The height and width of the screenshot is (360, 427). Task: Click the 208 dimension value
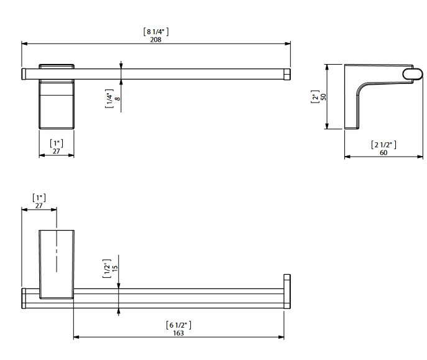[156, 40]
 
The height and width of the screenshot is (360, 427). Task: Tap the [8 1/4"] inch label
[156, 32]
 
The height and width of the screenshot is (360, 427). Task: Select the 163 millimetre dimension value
[178, 333]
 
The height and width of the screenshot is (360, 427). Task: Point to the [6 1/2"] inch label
[178, 325]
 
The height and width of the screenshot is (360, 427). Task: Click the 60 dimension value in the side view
[383, 153]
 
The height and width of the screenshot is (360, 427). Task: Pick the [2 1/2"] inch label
[383, 145]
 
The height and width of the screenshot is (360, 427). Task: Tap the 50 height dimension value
[323, 97]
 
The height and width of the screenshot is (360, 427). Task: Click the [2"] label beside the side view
[315, 96]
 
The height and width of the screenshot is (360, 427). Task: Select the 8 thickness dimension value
[117, 99]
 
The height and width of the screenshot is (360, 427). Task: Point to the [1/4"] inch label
[109, 99]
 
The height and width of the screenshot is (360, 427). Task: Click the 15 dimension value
[115, 268]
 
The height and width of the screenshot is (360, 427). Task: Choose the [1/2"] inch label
[107, 268]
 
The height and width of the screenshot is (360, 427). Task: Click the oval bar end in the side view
[412, 75]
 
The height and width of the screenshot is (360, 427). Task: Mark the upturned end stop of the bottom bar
[287, 291]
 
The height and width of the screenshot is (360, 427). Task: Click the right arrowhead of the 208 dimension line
[288, 44]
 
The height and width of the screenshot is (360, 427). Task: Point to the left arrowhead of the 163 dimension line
[76, 337]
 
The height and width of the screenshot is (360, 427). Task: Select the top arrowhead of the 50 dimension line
[327, 68]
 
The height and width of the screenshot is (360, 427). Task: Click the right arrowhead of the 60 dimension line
[420, 157]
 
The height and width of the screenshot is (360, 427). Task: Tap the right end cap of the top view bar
[287, 74]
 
